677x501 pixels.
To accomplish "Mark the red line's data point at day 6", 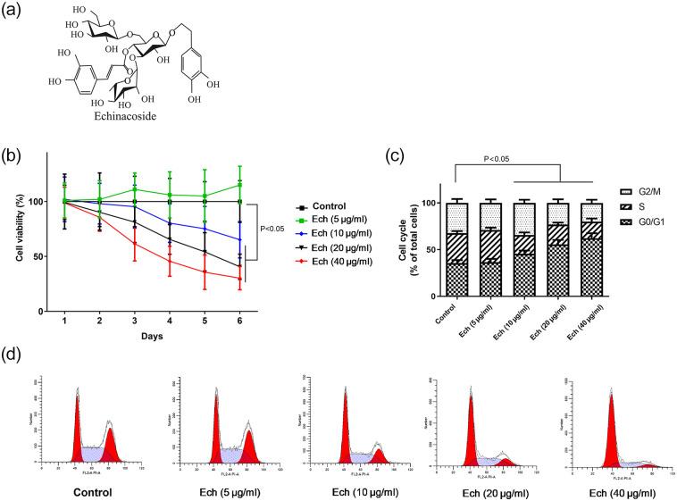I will (x=239, y=279).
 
